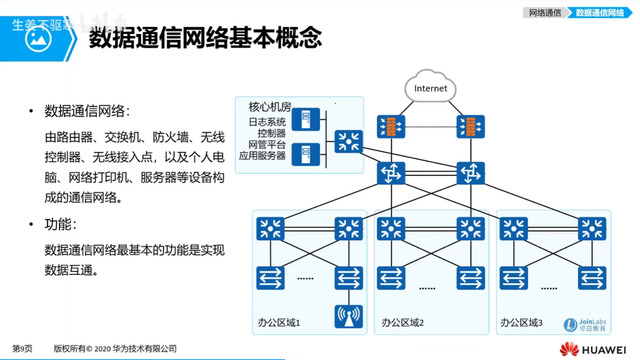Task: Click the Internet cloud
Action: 430,88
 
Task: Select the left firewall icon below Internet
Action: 391,127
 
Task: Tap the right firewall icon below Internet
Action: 470,127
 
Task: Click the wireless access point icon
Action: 348,316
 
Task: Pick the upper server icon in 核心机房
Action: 305,119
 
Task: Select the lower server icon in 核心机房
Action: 305,154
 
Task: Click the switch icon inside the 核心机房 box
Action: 348,141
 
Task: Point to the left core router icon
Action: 391,173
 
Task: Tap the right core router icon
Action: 470,173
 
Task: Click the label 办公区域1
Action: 279,322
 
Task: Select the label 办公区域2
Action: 402,322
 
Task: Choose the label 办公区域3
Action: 521,322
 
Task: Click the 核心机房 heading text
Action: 270,107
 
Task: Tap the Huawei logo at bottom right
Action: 593,349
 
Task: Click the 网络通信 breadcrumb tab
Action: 545,13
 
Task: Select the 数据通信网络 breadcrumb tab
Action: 600,13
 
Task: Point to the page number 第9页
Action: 22,349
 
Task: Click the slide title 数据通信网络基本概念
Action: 205,38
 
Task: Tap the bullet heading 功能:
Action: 60,224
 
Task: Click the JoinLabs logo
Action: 585,325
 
